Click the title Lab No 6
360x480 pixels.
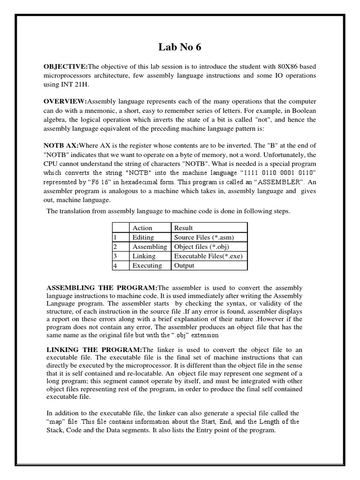[x=180, y=48]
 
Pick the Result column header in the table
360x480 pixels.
[x=183, y=228]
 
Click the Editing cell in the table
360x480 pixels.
[x=143, y=238]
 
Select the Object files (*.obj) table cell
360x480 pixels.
[x=201, y=247]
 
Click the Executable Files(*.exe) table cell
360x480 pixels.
[x=208, y=256]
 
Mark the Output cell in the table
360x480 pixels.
[x=184, y=266]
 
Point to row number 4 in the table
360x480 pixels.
[x=115, y=266]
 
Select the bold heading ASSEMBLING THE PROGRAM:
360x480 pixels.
[x=102, y=287]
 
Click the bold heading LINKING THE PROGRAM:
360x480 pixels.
[x=94, y=350]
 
